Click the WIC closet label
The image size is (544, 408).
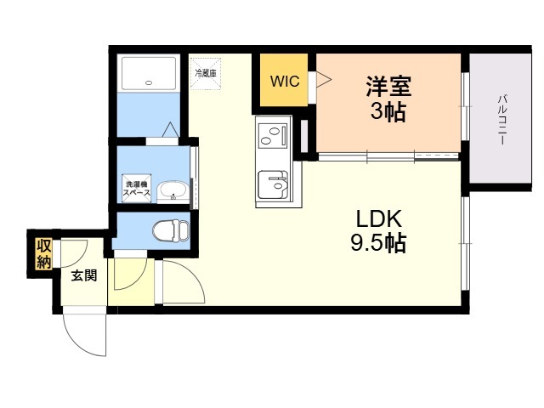283,82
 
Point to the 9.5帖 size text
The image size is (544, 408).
377,244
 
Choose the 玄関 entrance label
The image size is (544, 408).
82,275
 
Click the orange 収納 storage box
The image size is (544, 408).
43,252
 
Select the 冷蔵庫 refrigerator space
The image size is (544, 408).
206,73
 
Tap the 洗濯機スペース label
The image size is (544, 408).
137,189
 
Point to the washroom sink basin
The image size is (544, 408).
174,190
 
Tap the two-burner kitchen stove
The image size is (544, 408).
273,137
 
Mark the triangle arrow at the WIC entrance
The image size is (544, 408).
323,81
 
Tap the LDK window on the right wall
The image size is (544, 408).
465,246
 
